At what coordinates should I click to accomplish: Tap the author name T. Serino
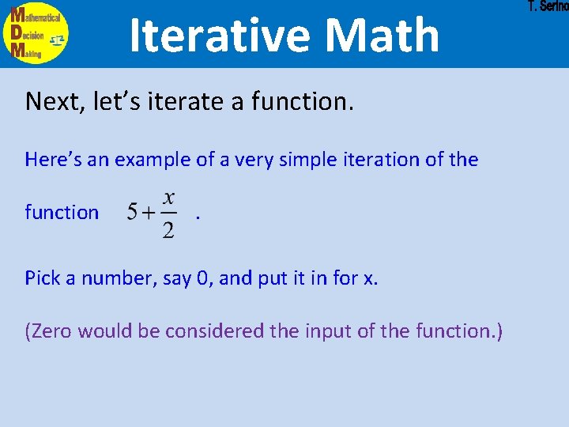(548, 7)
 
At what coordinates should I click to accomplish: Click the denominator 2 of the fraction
(168, 229)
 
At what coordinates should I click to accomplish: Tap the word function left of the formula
(62, 212)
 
